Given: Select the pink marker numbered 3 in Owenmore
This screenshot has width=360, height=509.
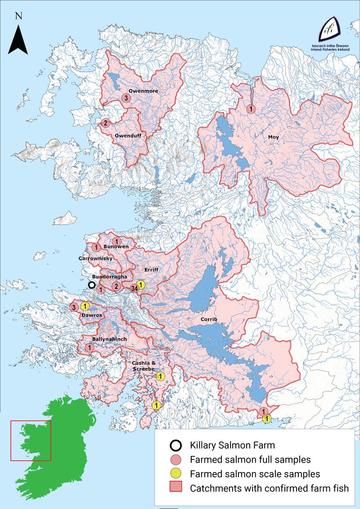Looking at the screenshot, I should (x=126, y=98).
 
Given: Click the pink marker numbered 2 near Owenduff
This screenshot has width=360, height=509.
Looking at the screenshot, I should (x=105, y=122).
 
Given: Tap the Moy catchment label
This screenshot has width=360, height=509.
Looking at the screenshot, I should (x=274, y=137).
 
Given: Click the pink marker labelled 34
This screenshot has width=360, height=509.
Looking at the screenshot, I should (x=134, y=288).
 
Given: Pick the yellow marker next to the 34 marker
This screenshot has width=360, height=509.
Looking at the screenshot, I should (x=141, y=284).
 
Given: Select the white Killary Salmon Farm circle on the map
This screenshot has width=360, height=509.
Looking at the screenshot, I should (x=92, y=285).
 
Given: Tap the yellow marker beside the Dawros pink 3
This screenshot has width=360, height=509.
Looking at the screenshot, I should (x=84, y=307).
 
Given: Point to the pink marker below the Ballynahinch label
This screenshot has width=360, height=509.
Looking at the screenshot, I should (x=89, y=347).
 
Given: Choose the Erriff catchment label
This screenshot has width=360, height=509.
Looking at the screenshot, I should (x=152, y=270).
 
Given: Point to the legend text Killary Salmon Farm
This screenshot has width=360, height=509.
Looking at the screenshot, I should (x=232, y=446).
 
